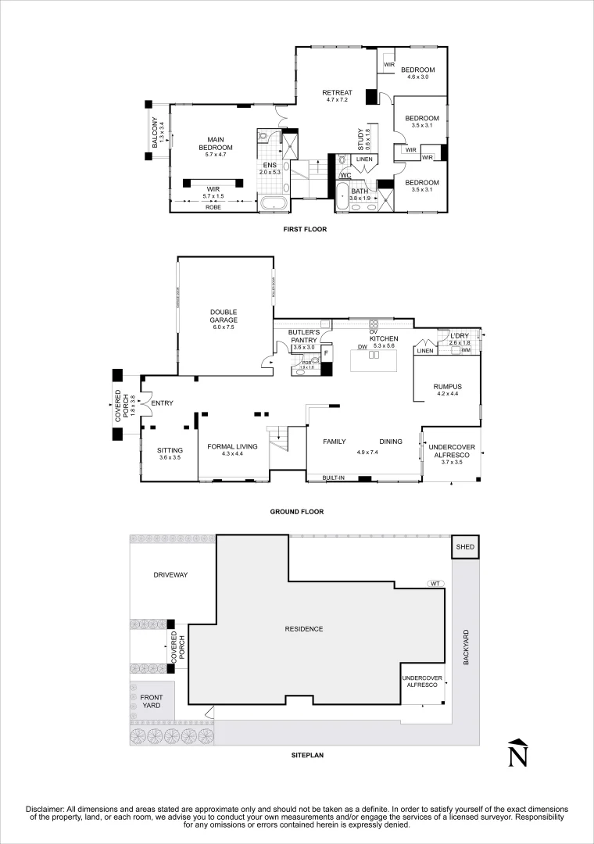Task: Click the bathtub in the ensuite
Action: pyautogui.click(x=274, y=206)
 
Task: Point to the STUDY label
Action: pyautogui.click(x=361, y=139)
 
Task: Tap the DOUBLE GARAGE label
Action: pyautogui.click(x=224, y=316)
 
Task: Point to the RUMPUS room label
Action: pyautogui.click(x=448, y=386)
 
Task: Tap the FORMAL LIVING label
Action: pyautogui.click(x=232, y=447)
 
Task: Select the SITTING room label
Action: pyautogui.click(x=170, y=451)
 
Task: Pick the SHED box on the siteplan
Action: pyautogui.click(x=464, y=548)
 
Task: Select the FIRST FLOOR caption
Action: pyautogui.click(x=304, y=230)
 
